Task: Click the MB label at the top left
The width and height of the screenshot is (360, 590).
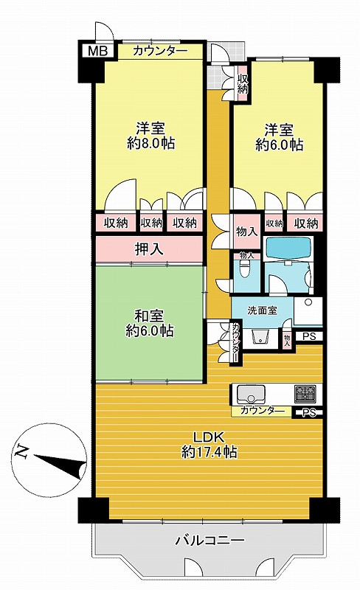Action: pos(97,51)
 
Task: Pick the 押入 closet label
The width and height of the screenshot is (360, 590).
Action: pos(148,249)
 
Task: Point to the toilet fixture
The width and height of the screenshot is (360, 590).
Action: pos(243,271)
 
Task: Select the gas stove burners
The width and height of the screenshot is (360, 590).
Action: pos(305,392)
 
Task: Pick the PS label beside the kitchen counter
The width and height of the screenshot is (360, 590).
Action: pos(308,412)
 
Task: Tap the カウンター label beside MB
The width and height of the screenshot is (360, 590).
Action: pos(159,52)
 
